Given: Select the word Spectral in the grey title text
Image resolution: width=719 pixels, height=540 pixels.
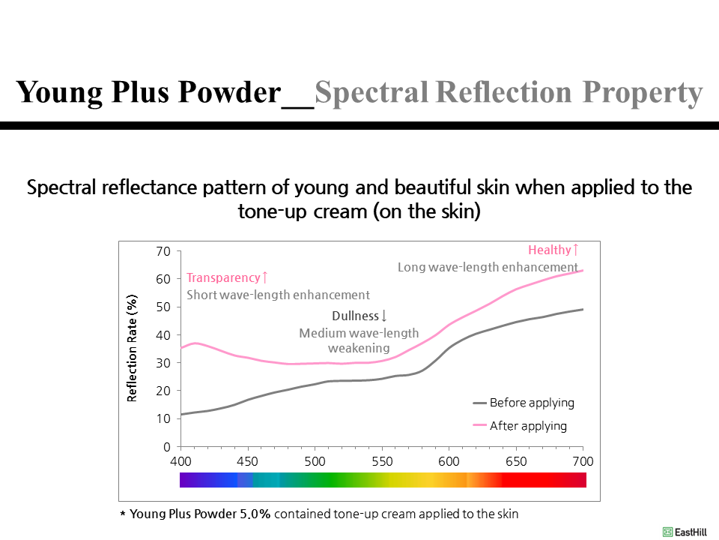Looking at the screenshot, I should coord(371,92).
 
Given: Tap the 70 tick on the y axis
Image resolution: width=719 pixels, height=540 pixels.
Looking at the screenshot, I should coord(164,250).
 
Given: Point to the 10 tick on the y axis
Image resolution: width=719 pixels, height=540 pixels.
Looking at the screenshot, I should coord(164,418).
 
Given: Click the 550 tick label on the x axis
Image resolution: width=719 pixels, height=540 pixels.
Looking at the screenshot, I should coord(382,460).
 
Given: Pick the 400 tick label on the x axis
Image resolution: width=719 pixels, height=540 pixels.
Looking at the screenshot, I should coord(180,460).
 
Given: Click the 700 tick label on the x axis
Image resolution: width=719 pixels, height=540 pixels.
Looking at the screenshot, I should coord(582,460).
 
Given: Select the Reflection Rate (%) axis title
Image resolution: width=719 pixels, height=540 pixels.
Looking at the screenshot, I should coord(133,347).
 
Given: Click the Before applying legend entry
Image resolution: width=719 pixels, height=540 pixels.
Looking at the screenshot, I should coord(532,403).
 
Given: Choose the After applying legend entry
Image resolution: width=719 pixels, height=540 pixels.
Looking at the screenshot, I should coord(528,426).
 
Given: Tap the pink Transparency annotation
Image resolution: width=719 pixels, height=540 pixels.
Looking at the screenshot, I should coord(227,278).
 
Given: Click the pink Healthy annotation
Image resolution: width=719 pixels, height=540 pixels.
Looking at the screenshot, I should coord(553,250).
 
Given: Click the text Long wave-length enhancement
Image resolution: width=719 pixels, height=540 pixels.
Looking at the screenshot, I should coord(488,267).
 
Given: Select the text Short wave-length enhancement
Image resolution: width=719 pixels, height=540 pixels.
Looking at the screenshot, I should coord(278,295).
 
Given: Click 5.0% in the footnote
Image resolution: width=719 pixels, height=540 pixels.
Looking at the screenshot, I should coord(255,514).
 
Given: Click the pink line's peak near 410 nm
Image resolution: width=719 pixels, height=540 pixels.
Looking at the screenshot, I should coord(195,343).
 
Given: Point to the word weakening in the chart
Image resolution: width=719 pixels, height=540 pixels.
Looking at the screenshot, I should coord(359,348).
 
